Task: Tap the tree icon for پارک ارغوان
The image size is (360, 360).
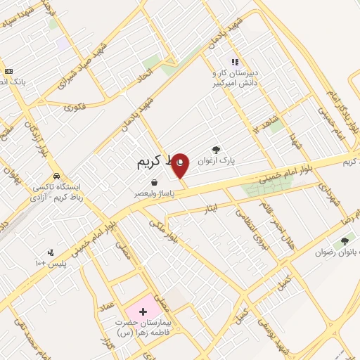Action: tap(215, 149)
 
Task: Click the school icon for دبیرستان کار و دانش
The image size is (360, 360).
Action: tap(235, 61)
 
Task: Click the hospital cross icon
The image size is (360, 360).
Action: tap(143, 310)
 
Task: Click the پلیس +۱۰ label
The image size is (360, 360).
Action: tap(50, 263)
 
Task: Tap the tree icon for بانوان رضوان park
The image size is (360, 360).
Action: tap(345, 241)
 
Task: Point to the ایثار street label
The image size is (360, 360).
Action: tap(221, 207)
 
